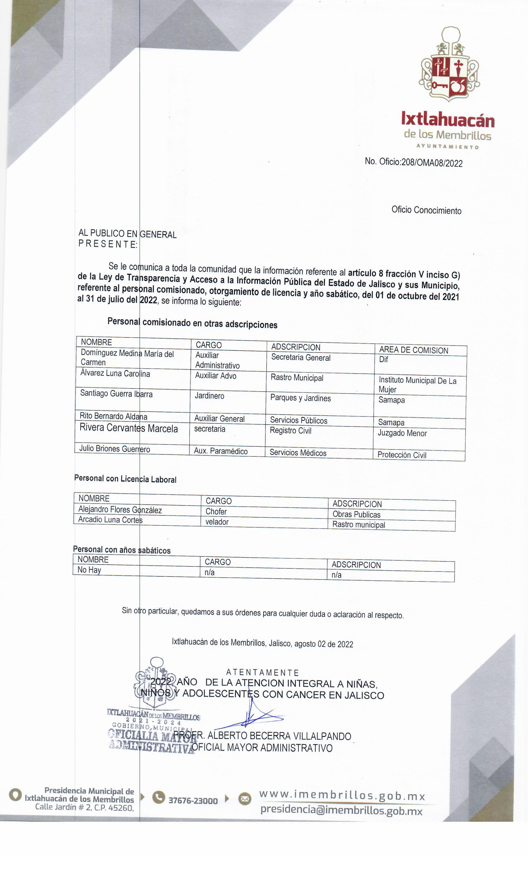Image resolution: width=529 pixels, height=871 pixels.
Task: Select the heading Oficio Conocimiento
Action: [x=426, y=210]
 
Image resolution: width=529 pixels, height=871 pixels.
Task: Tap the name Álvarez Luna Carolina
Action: [x=115, y=373]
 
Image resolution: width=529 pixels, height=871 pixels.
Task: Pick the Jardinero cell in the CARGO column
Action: [x=209, y=396]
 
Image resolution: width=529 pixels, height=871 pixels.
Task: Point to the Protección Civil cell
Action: [x=402, y=455]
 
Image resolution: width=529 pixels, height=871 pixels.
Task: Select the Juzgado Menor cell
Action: [x=402, y=433]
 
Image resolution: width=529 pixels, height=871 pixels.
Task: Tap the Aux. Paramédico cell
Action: [x=221, y=451]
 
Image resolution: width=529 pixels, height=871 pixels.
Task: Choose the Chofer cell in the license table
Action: [x=216, y=511]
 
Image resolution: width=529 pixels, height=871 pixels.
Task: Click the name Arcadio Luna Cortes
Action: [x=110, y=519]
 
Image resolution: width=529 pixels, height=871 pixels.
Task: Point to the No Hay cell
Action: [x=89, y=570]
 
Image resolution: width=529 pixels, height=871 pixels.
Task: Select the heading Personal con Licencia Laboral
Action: [x=125, y=479]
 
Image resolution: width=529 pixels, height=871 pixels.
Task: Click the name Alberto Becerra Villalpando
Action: [x=279, y=736]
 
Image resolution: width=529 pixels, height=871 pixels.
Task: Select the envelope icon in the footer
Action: [x=244, y=799]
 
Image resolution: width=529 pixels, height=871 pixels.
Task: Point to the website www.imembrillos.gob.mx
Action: [x=342, y=795]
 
